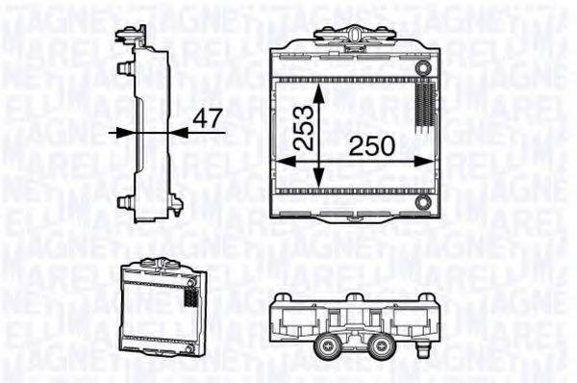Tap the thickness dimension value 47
(x=207, y=120)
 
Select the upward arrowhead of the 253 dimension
(x=318, y=89)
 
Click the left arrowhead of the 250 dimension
(x=283, y=161)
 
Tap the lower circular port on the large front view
(x=423, y=203)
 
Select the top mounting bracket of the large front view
(x=357, y=36)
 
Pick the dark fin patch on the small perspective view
(x=190, y=299)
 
